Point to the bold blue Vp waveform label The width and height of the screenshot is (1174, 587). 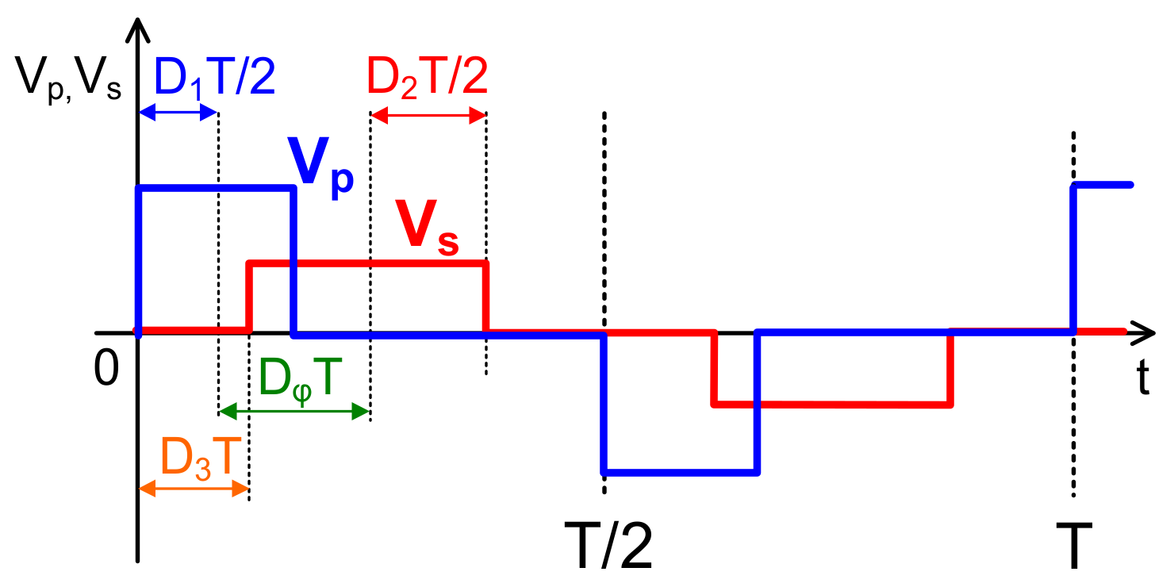pos(320,169)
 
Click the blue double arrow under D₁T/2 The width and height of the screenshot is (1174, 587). pos(178,114)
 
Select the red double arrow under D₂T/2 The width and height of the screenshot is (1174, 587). pos(428,116)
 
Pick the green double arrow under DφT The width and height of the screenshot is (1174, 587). pos(294,411)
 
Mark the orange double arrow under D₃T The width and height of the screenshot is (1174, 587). pos(194,490)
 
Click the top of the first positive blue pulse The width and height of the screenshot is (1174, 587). pos(217,188)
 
